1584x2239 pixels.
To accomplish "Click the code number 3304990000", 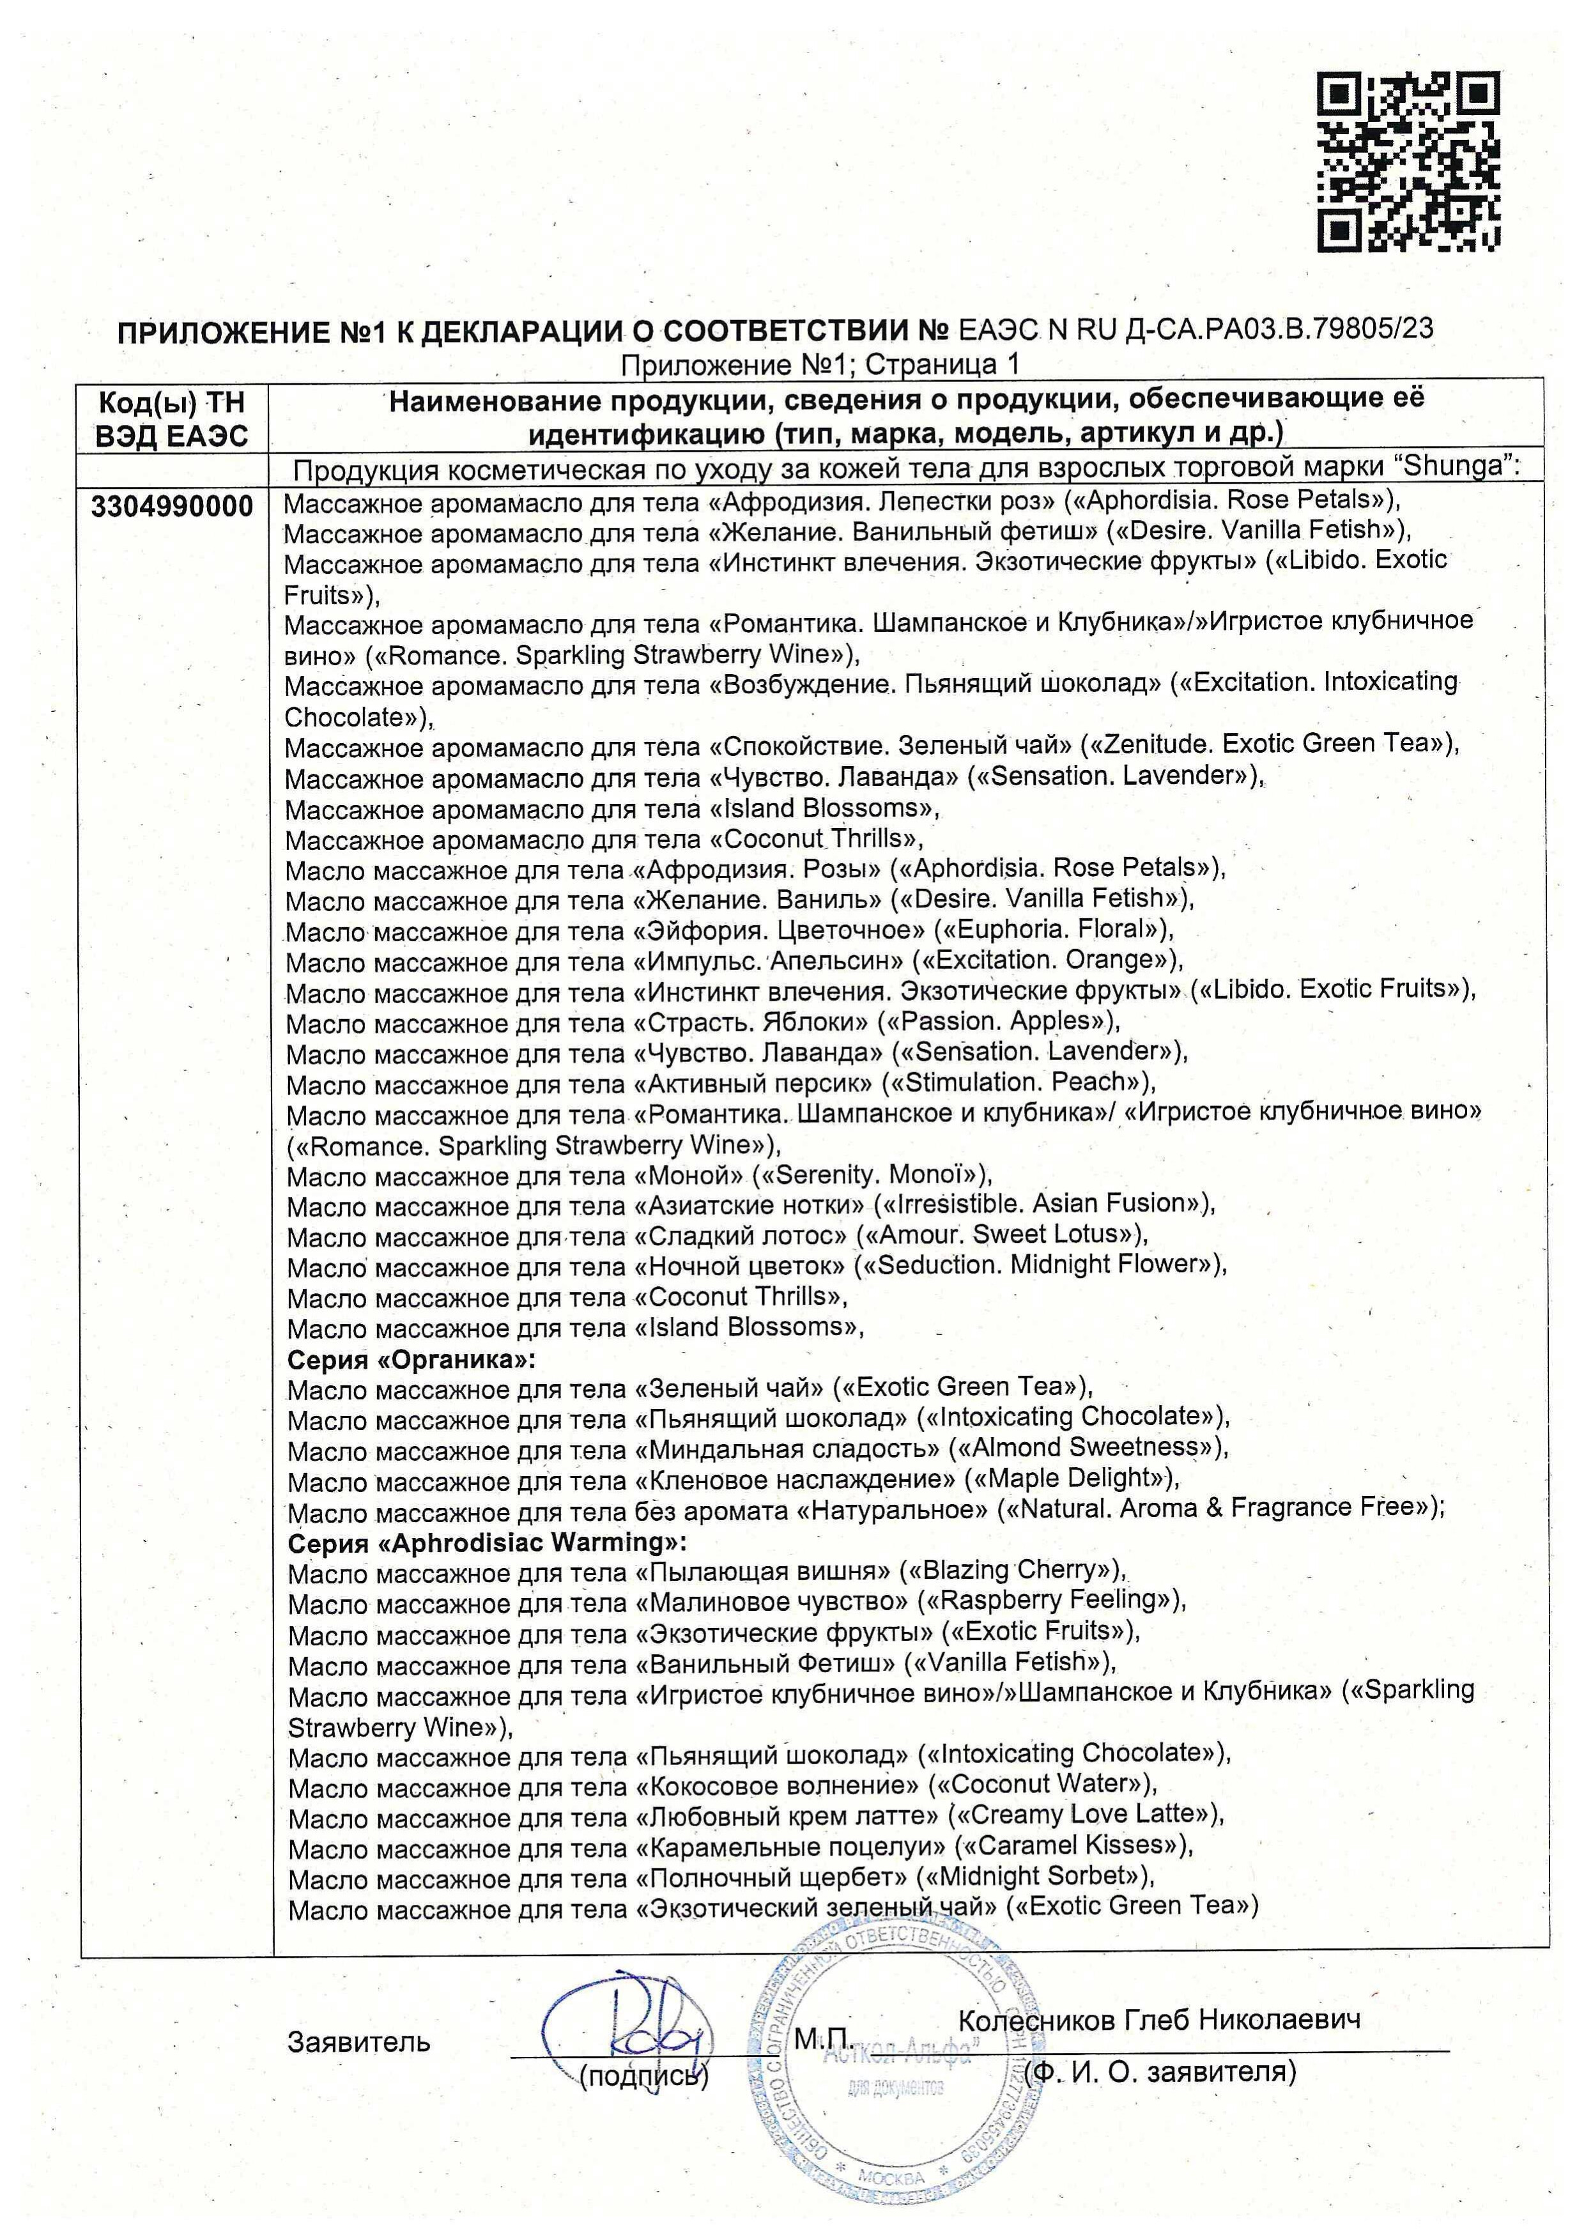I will (172, 506).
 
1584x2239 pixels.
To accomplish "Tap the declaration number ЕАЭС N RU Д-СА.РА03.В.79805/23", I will (1196, 328).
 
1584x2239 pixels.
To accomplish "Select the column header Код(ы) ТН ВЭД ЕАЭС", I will (172, 419).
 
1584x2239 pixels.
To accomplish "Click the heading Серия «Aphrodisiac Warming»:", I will (487, 1543).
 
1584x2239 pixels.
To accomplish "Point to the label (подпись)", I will (643, 2076).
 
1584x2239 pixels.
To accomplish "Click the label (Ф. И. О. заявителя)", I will (1161, 2070).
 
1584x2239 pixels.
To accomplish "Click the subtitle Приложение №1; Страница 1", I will (819, 365).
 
